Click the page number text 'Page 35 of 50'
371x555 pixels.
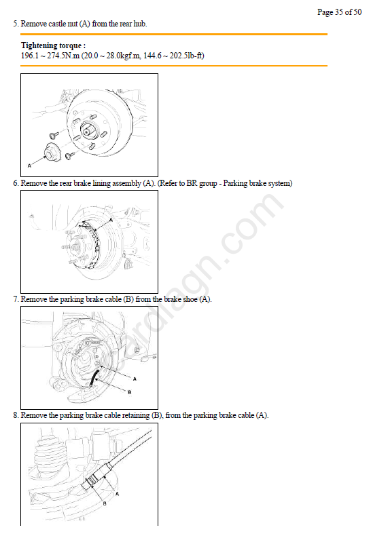pos(339,12)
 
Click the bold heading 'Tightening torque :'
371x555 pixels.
pos(53,45)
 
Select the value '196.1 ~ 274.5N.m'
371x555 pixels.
pos(50,56)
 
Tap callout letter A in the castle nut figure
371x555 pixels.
pos(29,166)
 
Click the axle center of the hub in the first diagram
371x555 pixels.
pos(87,132)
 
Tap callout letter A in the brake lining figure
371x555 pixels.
pos(111,220)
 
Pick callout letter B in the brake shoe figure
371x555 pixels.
pos(129,392)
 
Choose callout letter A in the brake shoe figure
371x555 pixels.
pos(135,379)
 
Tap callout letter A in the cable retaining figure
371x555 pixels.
pos(118,493)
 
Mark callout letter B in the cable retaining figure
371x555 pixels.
pos(105,503)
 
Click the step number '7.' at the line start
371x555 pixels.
pos(16,299)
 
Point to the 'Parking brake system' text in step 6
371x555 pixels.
pos(257,183)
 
